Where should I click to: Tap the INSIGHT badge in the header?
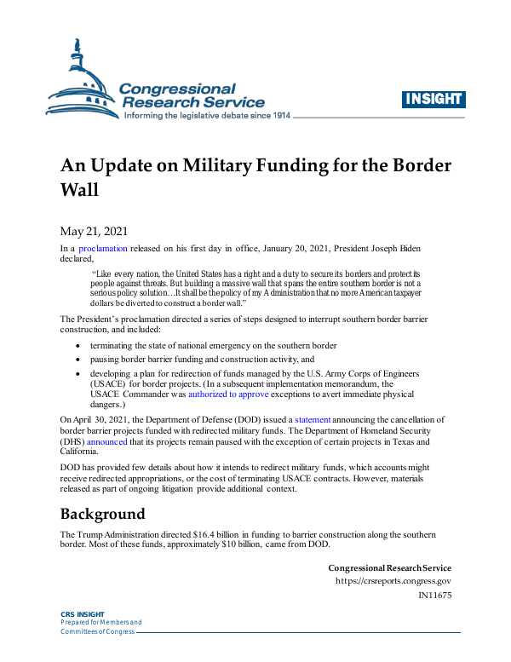[x=433, y=99]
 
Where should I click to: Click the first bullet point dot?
[x=79, y=346]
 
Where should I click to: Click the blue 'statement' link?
[x=312, y=420]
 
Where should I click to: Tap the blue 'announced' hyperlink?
[x=106, y=442]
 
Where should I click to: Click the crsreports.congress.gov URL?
[x=393, y=581]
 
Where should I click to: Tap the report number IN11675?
[x=434, y=595]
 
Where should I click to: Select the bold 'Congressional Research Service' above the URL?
[x=389, y=567]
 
